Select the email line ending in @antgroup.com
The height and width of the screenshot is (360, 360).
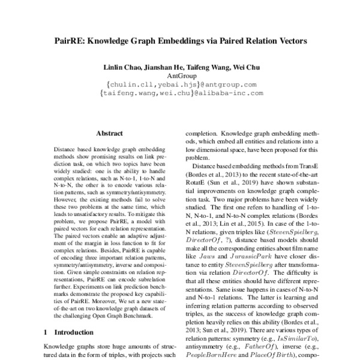(x=180, y=85)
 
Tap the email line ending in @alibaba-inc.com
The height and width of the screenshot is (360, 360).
(x=180, y=94)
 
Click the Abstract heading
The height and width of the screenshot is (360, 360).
(x=109, y=133)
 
